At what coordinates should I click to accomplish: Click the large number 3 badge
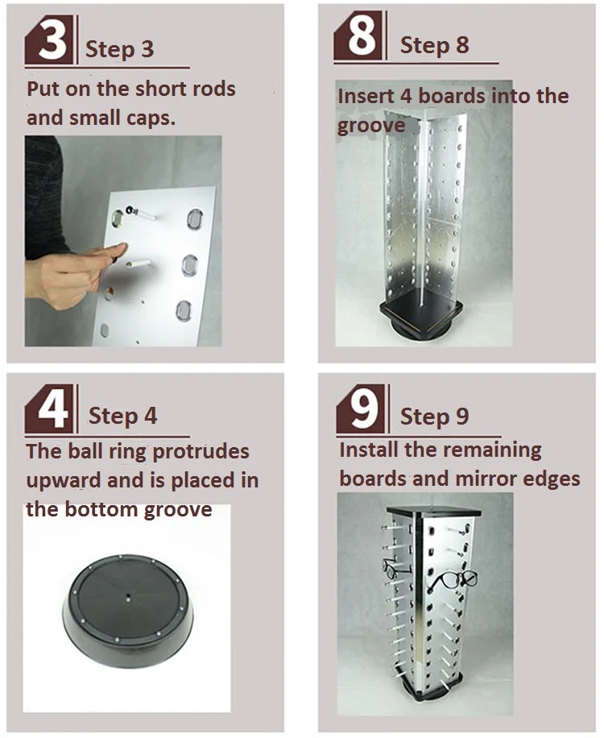pyautogui.click(x=50, y=39)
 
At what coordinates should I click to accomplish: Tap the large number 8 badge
pyautogui.click(x=361, y=35)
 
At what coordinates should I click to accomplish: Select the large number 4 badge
pyautogui.click(x=50, y=408)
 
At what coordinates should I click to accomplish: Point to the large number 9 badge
pyautogui.click(x=362, y=408)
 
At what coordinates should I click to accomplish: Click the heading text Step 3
pyautogui.click(x=119, y=49)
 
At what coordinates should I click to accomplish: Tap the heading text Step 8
pyautogui.click(x=434, y=45)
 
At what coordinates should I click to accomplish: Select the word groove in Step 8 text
pyautogui.click(x=371, y=126)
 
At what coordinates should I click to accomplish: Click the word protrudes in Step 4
pyautogui.click(x=201, y=452)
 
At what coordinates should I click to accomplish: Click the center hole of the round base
pyautogui.click(x=128, y=599)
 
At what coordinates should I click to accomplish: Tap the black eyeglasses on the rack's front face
pyautogui.click(x=453, y=581)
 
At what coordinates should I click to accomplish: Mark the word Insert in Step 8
pyautogui.click(x=365, y=96)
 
